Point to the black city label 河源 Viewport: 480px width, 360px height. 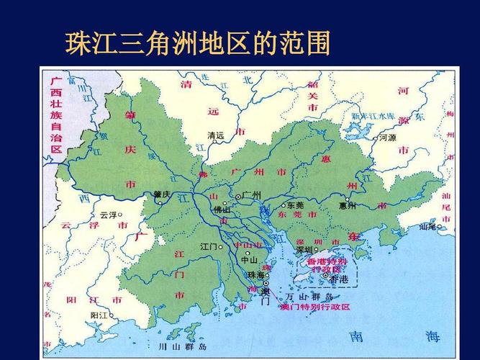pos(388,138)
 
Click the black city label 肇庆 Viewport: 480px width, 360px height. pos(162,194)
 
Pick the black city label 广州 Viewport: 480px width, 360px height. pos(251,195)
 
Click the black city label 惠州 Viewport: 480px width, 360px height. pos(348,206)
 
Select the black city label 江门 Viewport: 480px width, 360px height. pos(209,247)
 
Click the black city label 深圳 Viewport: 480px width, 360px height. pos(305,250)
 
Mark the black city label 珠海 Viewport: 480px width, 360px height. pos(255,276)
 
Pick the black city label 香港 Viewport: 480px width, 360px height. pos(338,279)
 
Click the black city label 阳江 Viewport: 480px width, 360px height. pos(99,315)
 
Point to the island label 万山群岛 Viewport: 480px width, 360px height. pos(309,297)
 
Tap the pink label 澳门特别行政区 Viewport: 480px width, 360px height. pos(315,307)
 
